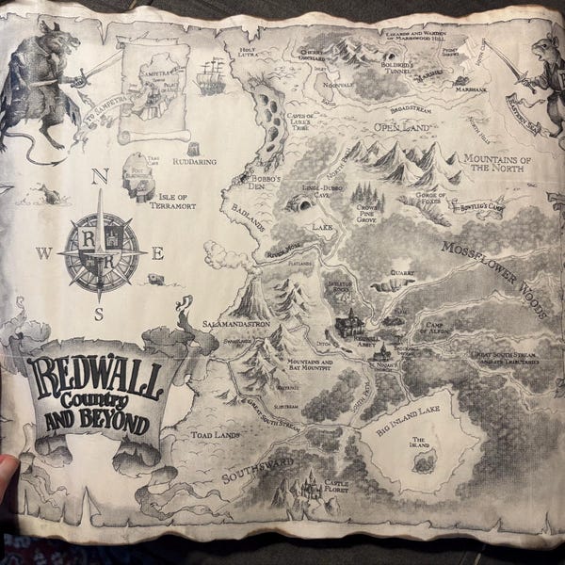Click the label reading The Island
pos(425,441)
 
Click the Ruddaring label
pos(195,161)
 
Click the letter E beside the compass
pos(157,252)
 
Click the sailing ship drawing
pos(211,76)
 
